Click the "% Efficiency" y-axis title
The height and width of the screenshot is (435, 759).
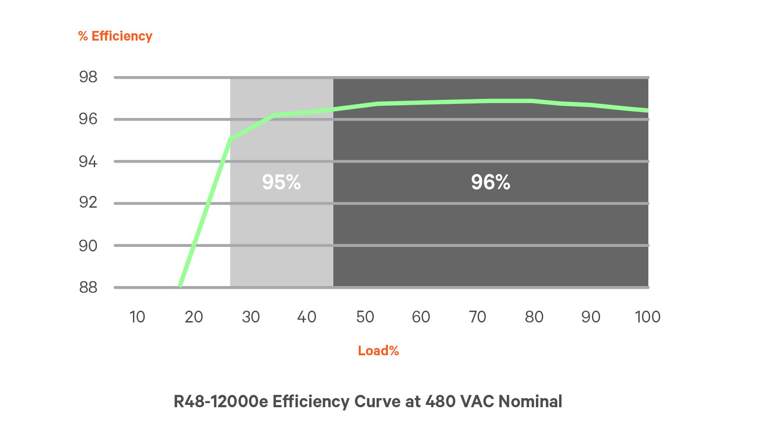(x=115, y=36)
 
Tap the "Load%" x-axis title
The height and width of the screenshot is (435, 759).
(x=378, y=351)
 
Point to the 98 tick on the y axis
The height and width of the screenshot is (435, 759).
(x=88, y=77)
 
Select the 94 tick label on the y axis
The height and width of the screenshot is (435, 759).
(x=88, y=162)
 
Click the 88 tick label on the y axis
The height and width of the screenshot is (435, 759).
(x=88, y=287)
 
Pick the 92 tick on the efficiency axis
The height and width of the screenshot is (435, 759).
(x=88, y=202)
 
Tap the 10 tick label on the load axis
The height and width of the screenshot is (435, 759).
(x=137, y=317)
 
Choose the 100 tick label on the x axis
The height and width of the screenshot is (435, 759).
(x=647, y=317)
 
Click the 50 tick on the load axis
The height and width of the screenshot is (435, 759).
(x=365, y=317)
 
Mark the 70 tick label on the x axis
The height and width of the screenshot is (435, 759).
(x=478, y=317)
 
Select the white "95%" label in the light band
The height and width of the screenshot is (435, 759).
(x=281, y=182)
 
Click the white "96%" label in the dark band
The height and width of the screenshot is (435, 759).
(x=490, y=182)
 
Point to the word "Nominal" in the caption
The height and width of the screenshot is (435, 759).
(x=530, y=401)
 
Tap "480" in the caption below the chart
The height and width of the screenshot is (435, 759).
(x=440, y=401)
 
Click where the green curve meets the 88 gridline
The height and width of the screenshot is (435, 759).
(x=181, y=286)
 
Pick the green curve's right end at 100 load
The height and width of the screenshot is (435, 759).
(x=647, y=110)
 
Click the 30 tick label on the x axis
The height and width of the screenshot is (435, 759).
(x=251, y=317)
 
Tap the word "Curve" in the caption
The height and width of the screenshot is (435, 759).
(x=376, y=401)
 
